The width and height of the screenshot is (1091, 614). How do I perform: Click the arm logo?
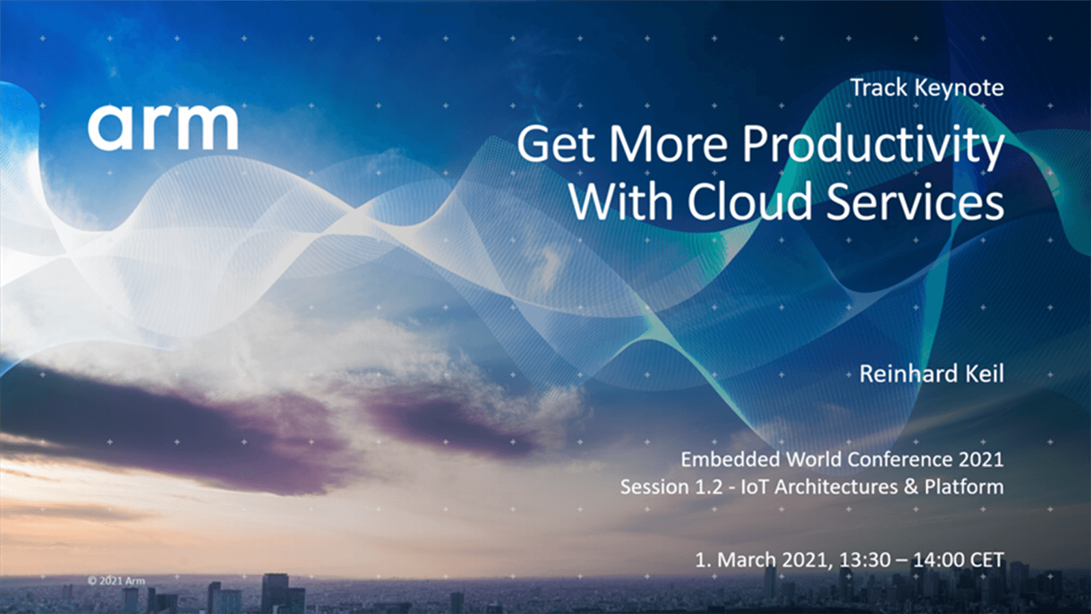(x=163, y=128)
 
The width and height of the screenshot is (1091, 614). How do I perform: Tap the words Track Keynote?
(x=927, y=89)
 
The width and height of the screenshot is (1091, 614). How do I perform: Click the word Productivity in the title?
(x=873, y=146)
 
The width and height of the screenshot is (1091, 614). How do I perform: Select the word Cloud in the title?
(x=750, y=201)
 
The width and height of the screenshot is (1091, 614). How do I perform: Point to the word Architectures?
(x=836, y=487)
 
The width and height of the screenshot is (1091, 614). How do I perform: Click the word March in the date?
(x=747, y=560)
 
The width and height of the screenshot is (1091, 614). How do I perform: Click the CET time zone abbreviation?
(x=987, y=560)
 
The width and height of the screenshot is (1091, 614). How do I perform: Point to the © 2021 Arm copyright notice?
(x=117, y=581)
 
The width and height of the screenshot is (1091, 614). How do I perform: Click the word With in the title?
(x=621, y=201)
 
